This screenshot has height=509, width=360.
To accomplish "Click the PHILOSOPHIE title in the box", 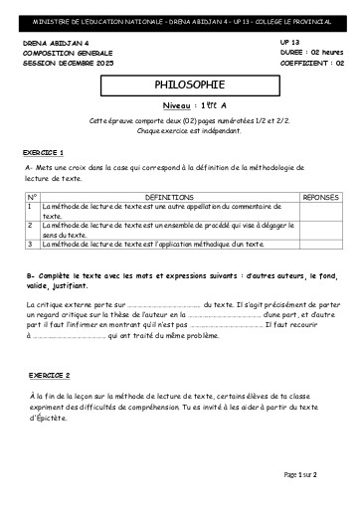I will tap(180, 86).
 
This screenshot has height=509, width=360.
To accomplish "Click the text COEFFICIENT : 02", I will tap(305, 62).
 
